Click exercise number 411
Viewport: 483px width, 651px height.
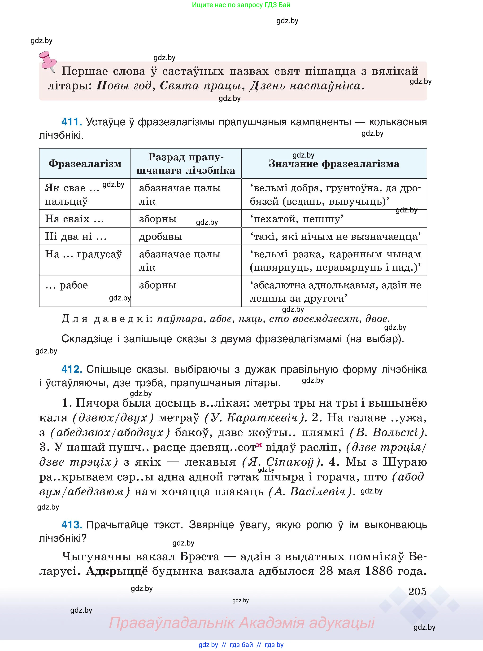click(71, 122)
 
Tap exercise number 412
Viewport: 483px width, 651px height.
click(71, 369)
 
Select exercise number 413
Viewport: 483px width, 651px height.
click(71, 525)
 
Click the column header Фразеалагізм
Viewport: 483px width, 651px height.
click(85, 163)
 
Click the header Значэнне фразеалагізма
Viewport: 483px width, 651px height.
click(334, 163)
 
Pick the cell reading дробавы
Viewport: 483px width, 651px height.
click(161, 236)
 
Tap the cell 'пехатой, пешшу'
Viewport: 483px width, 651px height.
click(297, 219)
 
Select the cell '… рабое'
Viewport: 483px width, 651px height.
click(67, 285)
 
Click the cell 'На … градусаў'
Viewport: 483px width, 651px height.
click(83, 254)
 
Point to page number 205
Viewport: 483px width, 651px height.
click(417, 592)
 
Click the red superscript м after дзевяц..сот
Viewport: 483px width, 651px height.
click(259, 445)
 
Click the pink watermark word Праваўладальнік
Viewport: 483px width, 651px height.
click(172, 623)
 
